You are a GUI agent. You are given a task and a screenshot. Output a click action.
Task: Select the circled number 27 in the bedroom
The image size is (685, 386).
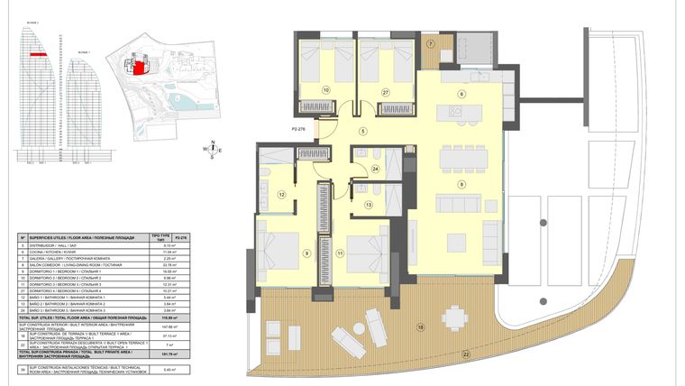point(385,91)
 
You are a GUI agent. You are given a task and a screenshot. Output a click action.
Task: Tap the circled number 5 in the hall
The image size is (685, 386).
point(363,133)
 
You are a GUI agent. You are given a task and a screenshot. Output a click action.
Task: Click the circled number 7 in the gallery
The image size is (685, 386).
point(431,44)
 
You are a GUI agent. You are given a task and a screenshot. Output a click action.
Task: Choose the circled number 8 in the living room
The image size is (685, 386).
point(461,184)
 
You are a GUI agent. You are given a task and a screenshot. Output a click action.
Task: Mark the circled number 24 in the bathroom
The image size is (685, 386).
point(376,168)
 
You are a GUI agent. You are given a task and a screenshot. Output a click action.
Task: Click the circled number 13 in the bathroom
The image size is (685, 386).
point(368,206)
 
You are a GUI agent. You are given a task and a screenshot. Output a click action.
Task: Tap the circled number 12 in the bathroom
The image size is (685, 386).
point(281,194)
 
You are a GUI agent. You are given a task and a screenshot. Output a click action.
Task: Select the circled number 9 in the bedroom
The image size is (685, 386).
point(307,255)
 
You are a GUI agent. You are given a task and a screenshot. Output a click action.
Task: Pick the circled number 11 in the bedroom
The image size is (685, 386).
point(341,255)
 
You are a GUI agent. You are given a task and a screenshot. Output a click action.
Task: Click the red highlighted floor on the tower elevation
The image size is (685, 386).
point(37,54)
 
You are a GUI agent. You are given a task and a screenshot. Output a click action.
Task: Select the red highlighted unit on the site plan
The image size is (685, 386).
point(140,66)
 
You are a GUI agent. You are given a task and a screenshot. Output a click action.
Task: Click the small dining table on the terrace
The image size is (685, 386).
point(454,317)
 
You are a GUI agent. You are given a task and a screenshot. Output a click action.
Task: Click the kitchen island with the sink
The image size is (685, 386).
point(457,112)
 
